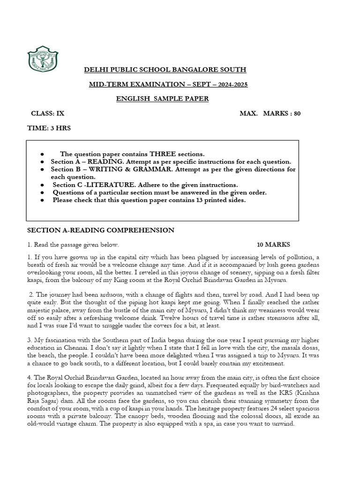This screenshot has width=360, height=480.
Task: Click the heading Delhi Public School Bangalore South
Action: (x=165, y=70)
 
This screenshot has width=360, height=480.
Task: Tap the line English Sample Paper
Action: (x=163, y=99)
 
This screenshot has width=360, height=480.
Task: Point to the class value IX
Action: (x=60, y=113)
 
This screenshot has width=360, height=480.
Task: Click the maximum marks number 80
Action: (x=297, y=113)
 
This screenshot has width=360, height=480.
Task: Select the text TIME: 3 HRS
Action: (x=51, y=128)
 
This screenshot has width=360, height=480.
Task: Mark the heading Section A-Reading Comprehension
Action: (x=101, y=230)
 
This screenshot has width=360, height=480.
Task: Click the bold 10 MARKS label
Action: (x=274, y=245)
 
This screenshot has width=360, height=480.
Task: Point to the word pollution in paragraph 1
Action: (x=297, y=257)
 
